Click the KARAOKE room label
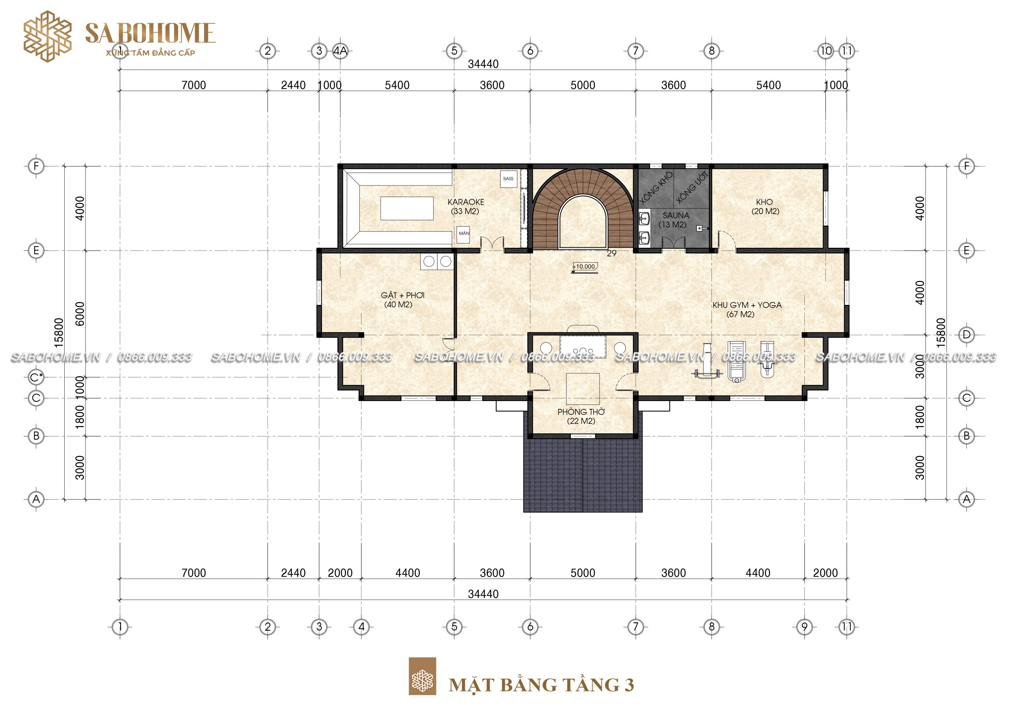click(466, 202)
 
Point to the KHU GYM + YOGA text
click(747, 305)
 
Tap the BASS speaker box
click(508, 179)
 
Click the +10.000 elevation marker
click(585, 267)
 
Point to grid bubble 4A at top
click(340, 51)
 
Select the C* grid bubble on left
click(36, 377)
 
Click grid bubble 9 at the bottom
click(805, 626)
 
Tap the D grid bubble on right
click(966, 335)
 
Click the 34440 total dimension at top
click(483, 64)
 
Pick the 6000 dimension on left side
click(80, 314)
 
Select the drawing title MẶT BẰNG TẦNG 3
click(542, 685)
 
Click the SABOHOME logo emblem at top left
click(47, 36)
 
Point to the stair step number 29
click(611, 253)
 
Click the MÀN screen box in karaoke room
click(464, 234)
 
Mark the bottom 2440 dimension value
click(293, 573)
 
